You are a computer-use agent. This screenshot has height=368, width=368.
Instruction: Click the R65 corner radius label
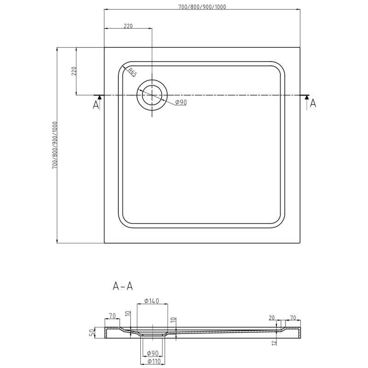(x=132, y=72)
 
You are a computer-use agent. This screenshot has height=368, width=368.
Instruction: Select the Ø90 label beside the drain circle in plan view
(x=181, y=102)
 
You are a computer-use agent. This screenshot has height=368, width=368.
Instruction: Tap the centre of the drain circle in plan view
(x=152, y=95)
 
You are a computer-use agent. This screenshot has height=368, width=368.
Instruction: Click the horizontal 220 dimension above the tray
(x=128, y=26)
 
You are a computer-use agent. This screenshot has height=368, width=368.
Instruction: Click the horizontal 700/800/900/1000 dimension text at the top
(x=202, y=6)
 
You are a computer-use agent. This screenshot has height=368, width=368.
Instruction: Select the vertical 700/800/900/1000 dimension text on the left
(x=54, y=145)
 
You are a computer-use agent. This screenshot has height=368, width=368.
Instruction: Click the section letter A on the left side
(x=96, y=105)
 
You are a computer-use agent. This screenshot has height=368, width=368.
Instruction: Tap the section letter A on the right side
(x=313, y=103)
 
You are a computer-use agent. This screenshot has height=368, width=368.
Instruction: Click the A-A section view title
(x=123, y=286)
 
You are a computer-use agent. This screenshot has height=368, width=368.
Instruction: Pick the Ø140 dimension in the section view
(x=151, y=301)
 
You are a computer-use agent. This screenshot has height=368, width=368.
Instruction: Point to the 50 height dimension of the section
(x=92, y=332)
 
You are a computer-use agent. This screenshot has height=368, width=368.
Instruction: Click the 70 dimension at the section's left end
(x=112, y=316)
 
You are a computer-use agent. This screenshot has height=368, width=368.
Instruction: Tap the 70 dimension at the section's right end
(x=293, y=317)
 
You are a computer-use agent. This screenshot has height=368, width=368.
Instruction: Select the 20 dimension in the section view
(x=272, y=317)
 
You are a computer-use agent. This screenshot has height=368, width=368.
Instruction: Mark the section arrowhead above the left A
(x=99, y=97)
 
